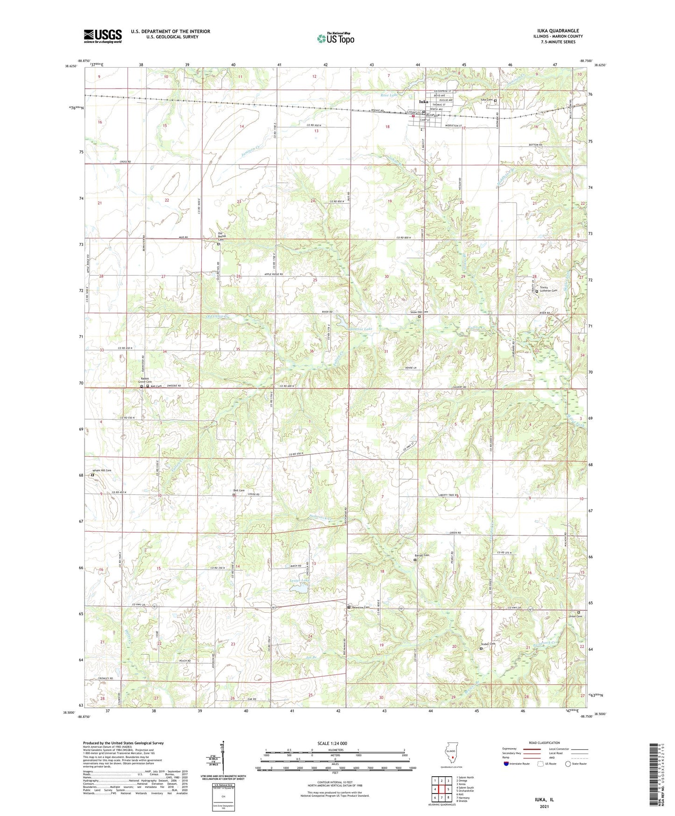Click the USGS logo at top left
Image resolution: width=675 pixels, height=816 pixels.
click(x=102, y=36)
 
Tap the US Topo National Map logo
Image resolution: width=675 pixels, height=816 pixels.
click(x=335, y=38)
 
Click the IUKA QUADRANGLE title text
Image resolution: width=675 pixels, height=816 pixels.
click(x=558, y=31)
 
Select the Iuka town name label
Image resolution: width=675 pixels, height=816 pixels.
click(x=423, y=101)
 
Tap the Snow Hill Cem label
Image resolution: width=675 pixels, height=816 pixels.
click(x=419, y=312)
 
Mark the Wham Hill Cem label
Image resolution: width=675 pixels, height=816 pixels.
click(x=102, y=470)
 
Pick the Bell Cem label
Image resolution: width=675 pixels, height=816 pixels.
click(x=239, y=490)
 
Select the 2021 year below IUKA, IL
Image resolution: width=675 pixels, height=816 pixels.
click(x=544, y=806)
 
